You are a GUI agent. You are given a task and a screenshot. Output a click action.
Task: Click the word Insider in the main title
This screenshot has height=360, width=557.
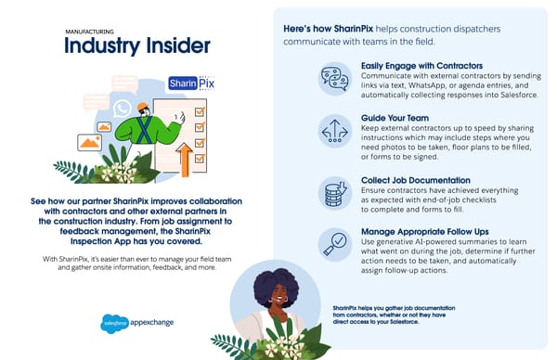coord(171,46)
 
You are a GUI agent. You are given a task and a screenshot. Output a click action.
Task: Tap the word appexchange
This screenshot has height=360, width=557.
coord(149,323)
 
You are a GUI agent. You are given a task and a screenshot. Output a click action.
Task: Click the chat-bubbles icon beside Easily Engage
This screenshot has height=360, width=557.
coord(334,78)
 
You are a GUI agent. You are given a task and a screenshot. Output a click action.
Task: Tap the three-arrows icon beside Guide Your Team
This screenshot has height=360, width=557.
coord(333,131)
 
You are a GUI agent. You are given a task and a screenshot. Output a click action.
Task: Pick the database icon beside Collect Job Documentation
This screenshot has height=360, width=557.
coord(333,192)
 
